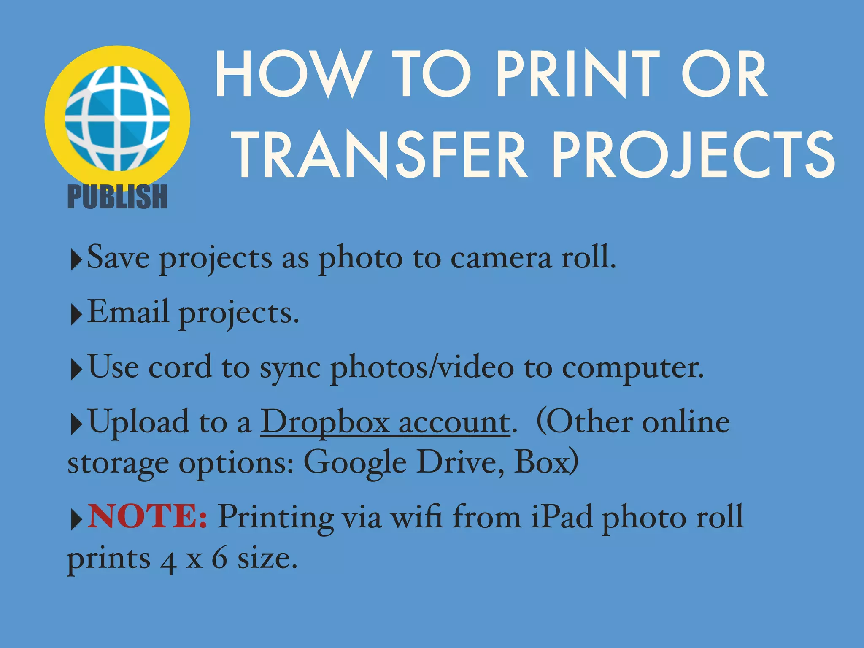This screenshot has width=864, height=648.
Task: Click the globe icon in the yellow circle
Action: tap(117, 119)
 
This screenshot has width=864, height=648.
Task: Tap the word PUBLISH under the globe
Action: tap(117, 197)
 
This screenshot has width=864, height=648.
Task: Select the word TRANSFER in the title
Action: tap(380, 154)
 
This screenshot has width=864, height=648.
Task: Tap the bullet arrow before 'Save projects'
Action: tap(76, 260)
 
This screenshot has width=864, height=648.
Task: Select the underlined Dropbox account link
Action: tap(385, 422)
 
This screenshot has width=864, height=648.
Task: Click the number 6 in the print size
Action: tap(219, 559)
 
